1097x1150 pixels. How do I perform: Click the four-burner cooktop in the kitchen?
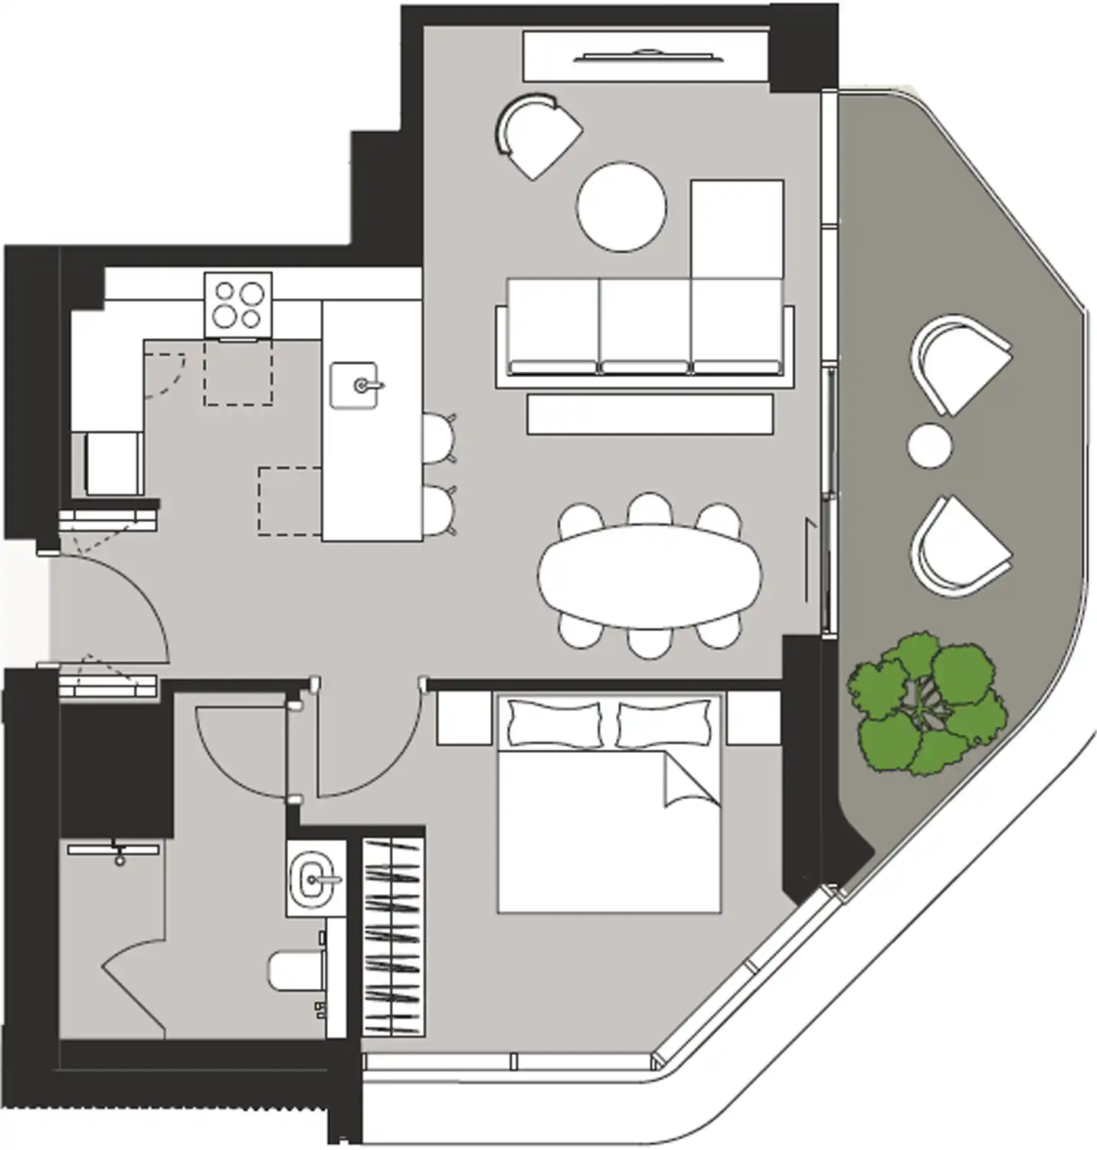(x=238, y=304)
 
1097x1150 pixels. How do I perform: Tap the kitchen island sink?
(x=354, y=385)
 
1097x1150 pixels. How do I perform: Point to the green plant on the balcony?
(x=926, y=703)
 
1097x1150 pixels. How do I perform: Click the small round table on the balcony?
(x=929, y=445)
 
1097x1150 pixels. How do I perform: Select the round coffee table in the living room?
(x=621, y=206)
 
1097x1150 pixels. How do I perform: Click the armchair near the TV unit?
(x=539, y=135)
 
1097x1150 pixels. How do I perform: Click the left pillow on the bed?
(x=555, y=724)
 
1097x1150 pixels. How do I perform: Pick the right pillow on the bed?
(x=663, y=724)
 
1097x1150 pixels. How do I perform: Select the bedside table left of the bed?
(x=464, y=718)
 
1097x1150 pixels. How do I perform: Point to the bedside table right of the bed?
(x=753, y=718)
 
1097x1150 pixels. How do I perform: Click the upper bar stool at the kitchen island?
(x=438, y=439)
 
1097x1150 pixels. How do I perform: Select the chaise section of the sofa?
(x=737, y=230)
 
